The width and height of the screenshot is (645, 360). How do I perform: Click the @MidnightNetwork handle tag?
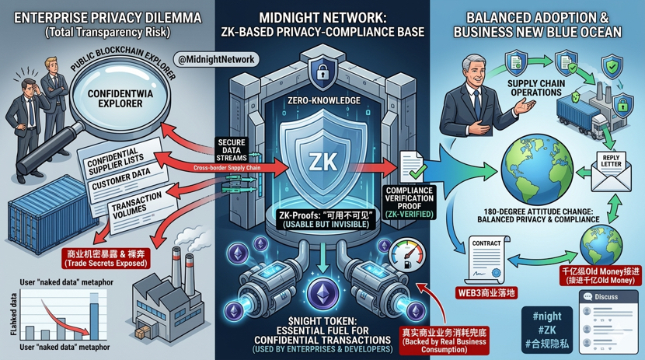(x=217, y=59)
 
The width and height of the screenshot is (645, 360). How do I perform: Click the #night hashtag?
(x=544, y=316)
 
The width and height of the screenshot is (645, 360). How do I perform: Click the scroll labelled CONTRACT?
(x=486, y=257)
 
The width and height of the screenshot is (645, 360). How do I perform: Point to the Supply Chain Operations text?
(x=534, y=87)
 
